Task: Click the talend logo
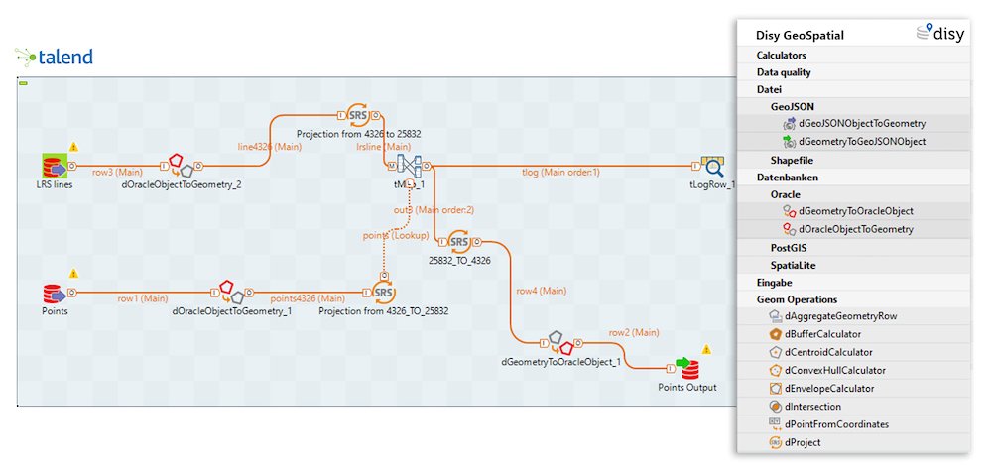tap(55, 58)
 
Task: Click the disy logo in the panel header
tap(940, 33)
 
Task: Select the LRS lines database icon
tap(55, 167)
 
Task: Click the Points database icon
tap(55, 294)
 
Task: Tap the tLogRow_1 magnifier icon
tap(712, 167)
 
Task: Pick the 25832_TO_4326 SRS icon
tap(458, 241)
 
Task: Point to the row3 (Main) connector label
tap(117, 172)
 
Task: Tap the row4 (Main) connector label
tap(541, 291)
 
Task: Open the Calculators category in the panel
tap(782, 56)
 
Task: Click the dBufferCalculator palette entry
tap(822, 334)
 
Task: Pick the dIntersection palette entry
tap(812, 406)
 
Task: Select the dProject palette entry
tap(803, 442)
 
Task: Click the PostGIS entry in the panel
tap(794, 247)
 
